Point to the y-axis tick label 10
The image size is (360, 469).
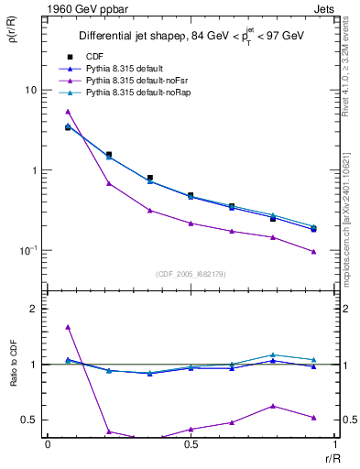(x=31, y=91)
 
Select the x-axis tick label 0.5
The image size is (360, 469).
(x=191, y=443)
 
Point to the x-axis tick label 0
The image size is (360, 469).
(x=48, y=443)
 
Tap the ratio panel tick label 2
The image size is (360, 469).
(x=35, y=310)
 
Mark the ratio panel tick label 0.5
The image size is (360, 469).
(x=29, y=420)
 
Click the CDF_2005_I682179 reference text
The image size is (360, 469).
(x=191, y=274)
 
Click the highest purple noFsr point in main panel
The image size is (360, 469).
(x=68, y=112)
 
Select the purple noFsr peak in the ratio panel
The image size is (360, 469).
(x=68, y=327)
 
